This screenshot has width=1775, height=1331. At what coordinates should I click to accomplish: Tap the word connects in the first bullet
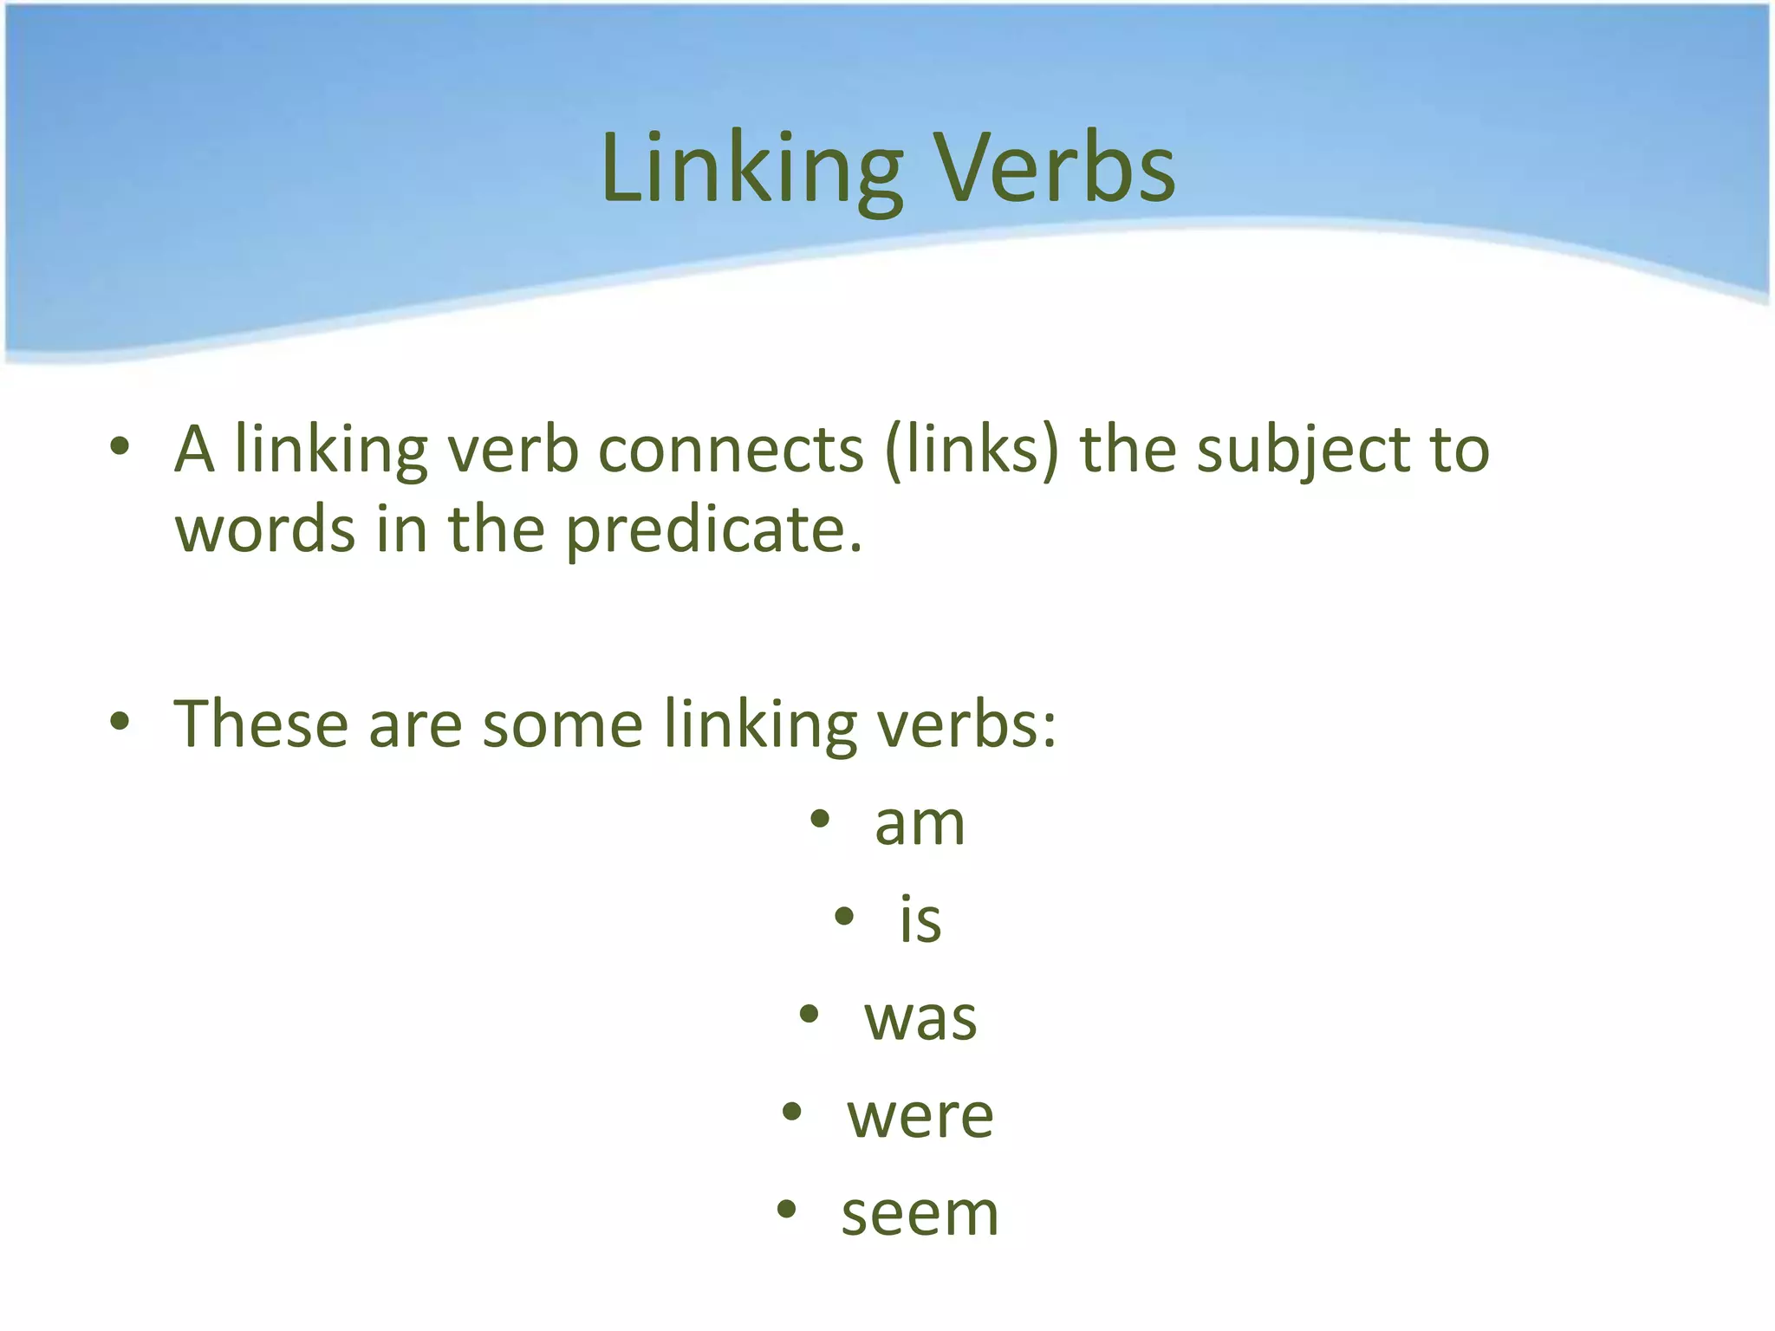tap(731, 451)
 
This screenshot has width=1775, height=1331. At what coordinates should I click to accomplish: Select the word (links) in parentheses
tap(972, 451)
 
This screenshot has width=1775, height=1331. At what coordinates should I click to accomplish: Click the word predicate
tap(714, 530)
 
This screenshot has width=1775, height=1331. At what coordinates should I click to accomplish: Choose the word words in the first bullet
tap(265, 530)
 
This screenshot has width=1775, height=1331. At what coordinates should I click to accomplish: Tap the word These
tap(261, 724)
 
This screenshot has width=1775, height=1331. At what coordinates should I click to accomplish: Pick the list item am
tap(920, 823)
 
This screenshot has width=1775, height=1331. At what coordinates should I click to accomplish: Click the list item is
tap(920, 919)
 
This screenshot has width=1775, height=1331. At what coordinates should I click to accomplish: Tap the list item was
tap(920, 1018)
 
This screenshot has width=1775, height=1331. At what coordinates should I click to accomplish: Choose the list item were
tap(920, 1116)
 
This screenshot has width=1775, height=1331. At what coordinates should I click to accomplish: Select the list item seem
tap(920, 1213)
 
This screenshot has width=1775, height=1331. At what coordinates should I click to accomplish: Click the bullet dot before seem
tap(786, 1210)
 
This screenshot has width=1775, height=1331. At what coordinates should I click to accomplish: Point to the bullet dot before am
tap(820, 819)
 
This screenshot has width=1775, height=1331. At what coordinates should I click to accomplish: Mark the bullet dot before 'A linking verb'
tap(120, 447)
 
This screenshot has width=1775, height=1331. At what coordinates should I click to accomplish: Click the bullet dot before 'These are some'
tap(120, 720)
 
